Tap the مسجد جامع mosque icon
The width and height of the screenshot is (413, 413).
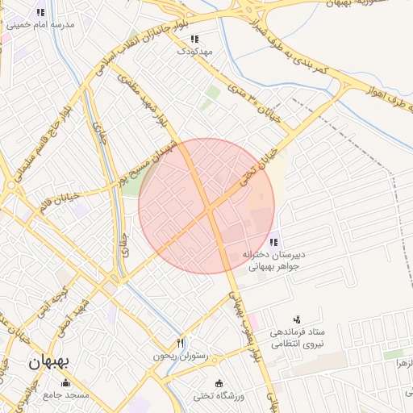(x=65, y=382)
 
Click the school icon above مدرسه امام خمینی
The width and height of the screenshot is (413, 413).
(x=40, y=12)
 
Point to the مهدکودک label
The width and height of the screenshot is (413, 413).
(x=196, y=50)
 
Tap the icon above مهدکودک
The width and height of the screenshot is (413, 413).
(x=194, y=38)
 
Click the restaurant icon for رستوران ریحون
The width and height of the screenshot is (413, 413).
(x=181, y=343)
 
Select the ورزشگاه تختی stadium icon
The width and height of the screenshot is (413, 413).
(x=217, y=382)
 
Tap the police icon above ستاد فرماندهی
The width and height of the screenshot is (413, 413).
(x=297, y=320)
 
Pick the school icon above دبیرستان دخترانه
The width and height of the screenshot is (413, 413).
(x=275, y=241)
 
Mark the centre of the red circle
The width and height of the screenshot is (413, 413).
(x=206, y=206)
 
